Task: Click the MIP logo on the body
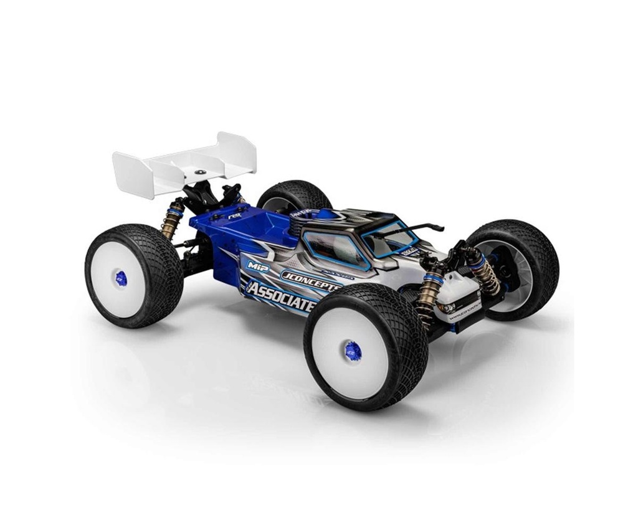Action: click(x=257, y=264)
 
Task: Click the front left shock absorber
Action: click(x=430, y=296)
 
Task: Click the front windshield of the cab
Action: click(x=389, y=237)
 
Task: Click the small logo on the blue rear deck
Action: click(x=235, y=215)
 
